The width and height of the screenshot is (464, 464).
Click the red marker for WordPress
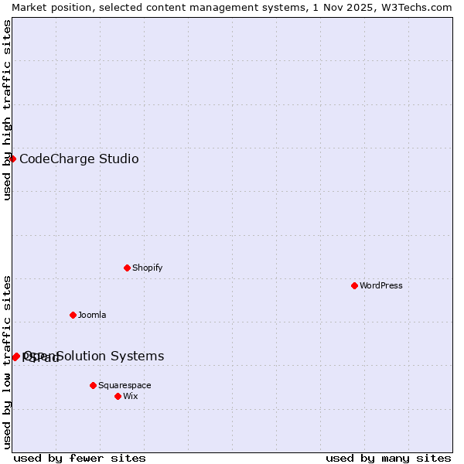[354, 285]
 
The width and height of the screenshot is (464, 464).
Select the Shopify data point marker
[127, 268]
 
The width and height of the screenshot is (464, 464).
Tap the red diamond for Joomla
[73, 315]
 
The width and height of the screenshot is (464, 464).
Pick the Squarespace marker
[93, 385]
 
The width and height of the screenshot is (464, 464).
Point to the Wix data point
[118, 396]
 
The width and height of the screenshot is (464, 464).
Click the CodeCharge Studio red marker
[12, 159]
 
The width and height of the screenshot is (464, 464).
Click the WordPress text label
[381, 285]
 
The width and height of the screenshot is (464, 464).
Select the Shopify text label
[148, 268]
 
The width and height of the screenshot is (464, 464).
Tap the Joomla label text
[92, 315]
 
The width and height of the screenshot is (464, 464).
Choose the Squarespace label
[125, 385]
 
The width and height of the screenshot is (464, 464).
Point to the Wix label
[131, 396]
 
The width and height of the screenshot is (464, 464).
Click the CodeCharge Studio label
[79, 159]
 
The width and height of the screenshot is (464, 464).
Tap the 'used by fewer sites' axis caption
[80, 458]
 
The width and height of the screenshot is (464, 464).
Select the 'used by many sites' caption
[388, 458]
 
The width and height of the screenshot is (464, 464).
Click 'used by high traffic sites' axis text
[8, 111]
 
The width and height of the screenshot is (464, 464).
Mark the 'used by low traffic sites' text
[8, 362]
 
